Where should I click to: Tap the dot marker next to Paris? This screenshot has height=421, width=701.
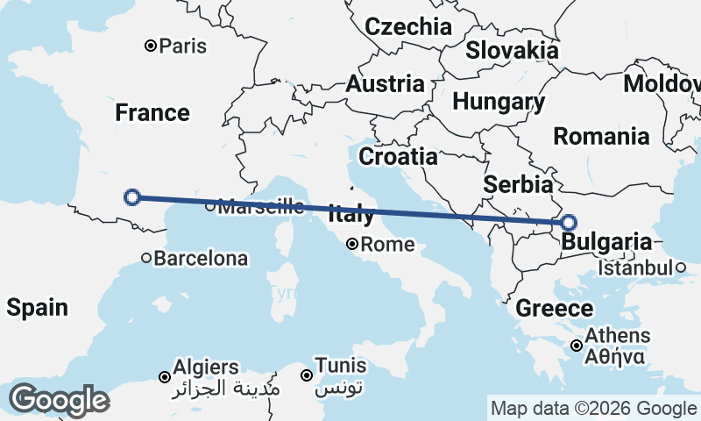tap(151, 45)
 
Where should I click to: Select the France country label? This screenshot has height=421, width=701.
tap(152, 112)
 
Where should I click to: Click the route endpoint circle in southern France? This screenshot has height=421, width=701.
tap(132, 196)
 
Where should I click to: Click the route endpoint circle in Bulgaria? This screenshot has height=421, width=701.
tap(568, 223)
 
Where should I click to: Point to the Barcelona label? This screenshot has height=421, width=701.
tap(201, 259)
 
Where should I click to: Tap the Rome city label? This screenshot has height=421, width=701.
tap(386, 245)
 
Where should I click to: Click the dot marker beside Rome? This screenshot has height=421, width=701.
tap(352, 244)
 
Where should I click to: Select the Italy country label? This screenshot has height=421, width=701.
tap(351, 213)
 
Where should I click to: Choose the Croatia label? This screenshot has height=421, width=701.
tap(399, 156)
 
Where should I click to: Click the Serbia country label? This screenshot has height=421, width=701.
tap(519, 184)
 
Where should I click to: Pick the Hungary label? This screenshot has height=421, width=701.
tap(499, 102)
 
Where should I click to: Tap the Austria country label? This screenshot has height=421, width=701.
tap(386, 84)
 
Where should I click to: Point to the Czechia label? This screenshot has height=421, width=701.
tap(408, 26)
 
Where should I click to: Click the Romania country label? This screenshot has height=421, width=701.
tap(601, 136)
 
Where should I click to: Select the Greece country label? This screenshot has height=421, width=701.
tap(554, 308)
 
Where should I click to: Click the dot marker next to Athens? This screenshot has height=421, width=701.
tap(576, 346)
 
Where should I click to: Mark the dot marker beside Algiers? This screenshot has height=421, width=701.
tap(164, 377)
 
